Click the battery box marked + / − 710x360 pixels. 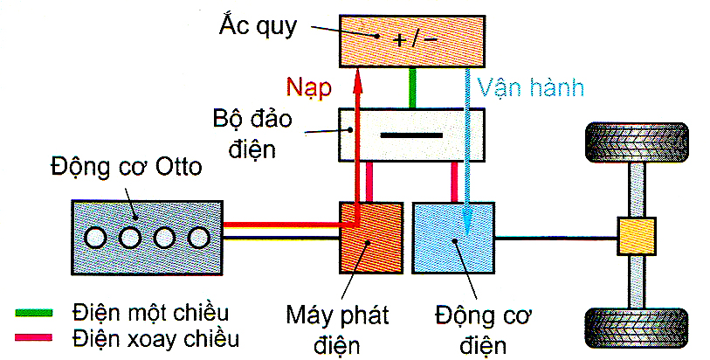(412, 40)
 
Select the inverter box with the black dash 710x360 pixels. (410, 135)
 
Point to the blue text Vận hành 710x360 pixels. (529, 87)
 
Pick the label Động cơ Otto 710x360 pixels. (127, 165)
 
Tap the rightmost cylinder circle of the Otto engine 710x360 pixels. (198, 238)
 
